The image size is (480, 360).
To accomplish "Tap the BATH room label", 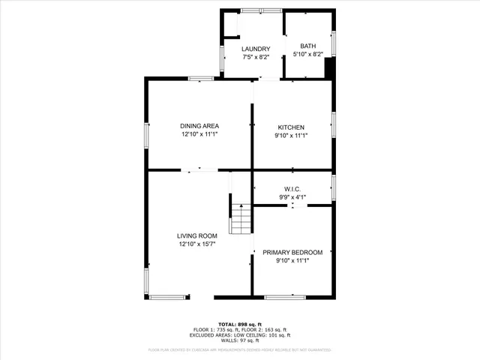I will click(x=308, y=46).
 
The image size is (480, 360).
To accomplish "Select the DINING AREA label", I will click(x=199, y=126).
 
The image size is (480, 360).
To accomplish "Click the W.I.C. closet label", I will click(x=292, y=189).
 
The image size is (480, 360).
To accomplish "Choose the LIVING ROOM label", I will click(x=197, y=235).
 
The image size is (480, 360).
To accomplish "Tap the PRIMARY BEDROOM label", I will click(x=292, y=252).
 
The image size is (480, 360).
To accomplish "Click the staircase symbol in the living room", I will click(x=241, y=220).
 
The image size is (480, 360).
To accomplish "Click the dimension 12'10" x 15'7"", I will click(x=197, y=244).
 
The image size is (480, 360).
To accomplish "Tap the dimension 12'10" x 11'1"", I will click(x=199, y=135).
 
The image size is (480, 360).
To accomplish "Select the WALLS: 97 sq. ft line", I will click(x=239, y=341).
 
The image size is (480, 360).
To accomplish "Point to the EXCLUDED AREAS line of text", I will click(x=239, y=335).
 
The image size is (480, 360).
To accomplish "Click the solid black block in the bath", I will click(x=328, y=67).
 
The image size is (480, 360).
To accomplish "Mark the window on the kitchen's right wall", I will click(x=333, y=124).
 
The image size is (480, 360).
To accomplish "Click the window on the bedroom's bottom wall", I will click(x=285, y=297).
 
